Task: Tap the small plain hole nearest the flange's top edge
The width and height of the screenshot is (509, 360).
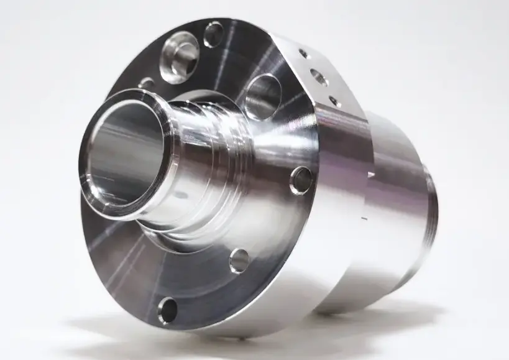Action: click(x=213, y=34)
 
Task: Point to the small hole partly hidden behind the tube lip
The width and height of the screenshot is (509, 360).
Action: click(x=146, y=83)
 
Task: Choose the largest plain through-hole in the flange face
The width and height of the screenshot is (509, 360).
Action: click(x=262, y=96)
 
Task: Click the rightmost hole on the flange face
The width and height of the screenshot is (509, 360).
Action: click(x=301, y=180)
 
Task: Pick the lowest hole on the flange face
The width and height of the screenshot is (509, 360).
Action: click(x=167, y=310)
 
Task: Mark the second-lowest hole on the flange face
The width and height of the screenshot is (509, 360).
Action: click(x=239, y=261)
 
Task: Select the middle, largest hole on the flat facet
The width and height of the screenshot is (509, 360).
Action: click(x=319, y=77)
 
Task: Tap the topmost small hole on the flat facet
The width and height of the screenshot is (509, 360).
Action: click(x=303, y=53)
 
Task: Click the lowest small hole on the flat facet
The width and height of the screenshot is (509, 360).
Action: click(x=334, y=100)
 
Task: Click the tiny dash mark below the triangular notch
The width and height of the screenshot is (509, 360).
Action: click(x=366, y=219)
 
